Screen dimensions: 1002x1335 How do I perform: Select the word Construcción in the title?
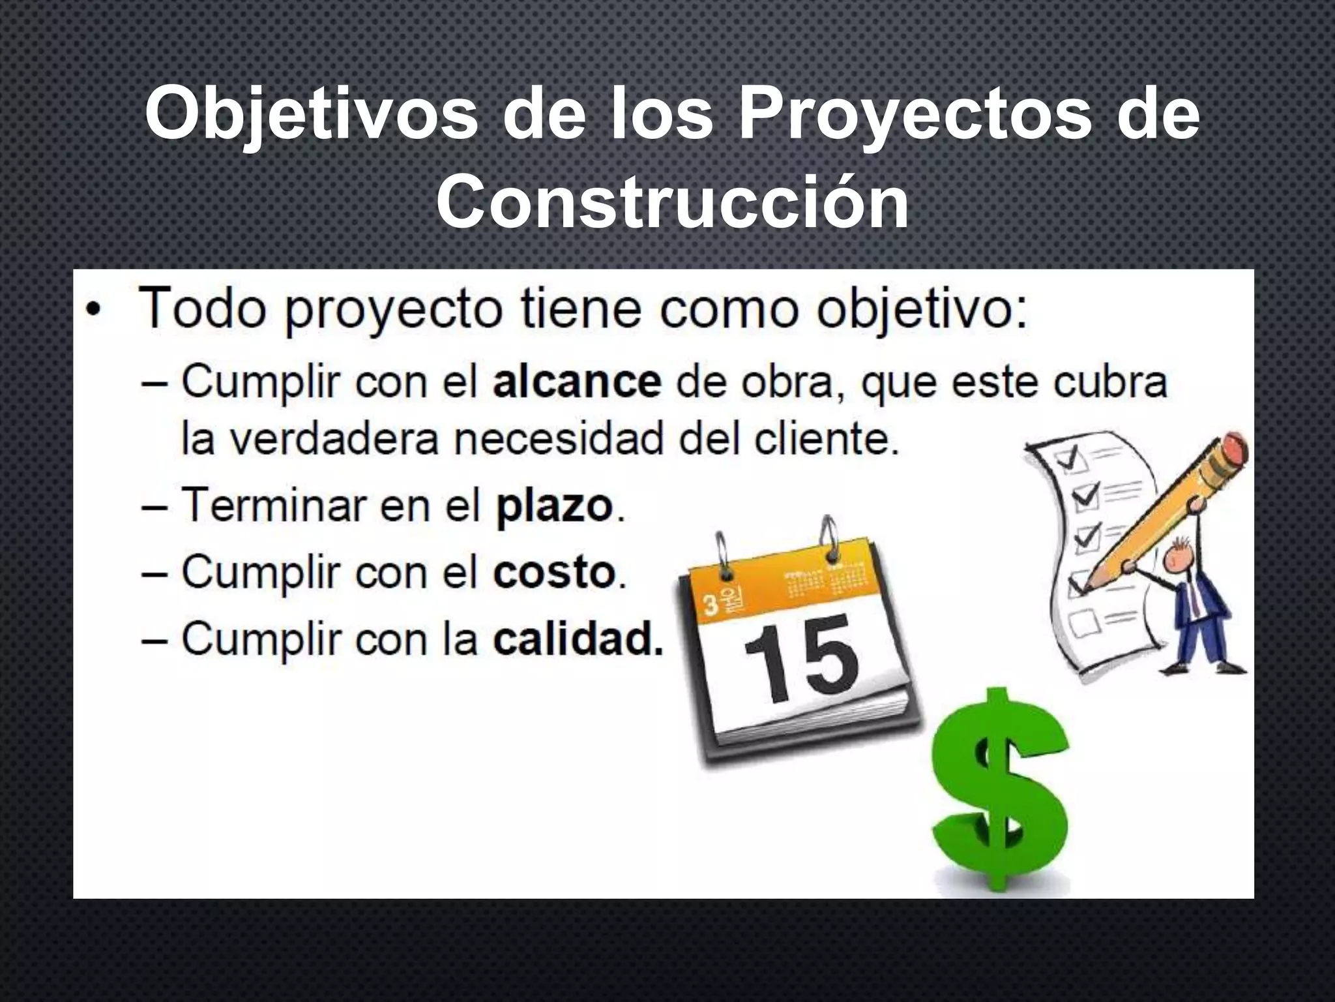(672, 204)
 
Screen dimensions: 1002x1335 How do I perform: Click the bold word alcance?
(577, 383)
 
